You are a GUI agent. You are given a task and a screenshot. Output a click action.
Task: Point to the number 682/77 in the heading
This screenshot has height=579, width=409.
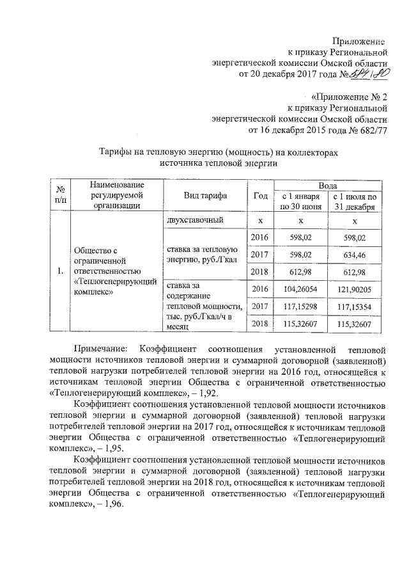[x=370, y=131]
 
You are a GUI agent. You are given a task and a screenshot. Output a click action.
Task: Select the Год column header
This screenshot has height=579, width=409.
[x=260, y=196]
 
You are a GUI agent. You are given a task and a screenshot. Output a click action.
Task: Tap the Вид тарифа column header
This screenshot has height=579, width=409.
[x=202, y=196]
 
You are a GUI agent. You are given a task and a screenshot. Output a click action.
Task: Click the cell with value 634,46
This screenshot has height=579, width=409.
[x=355, y=255]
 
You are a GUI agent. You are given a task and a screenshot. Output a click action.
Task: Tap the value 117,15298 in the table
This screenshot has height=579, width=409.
[x=299, y=307]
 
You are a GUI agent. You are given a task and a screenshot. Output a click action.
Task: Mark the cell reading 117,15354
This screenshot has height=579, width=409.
[x=355, y=307]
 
